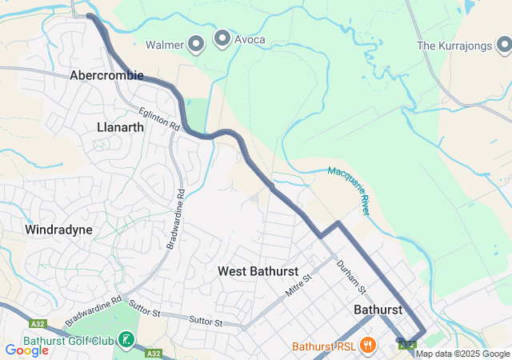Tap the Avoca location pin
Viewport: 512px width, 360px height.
222,38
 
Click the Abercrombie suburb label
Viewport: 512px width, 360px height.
106,75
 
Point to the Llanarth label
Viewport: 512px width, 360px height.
120,126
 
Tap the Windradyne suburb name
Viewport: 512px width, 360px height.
58,230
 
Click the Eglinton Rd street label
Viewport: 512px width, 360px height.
157,120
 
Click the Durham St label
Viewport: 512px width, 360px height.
350,277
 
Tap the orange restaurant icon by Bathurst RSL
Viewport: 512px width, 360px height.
367,346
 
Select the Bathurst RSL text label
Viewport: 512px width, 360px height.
323,346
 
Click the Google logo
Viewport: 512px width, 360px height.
26,350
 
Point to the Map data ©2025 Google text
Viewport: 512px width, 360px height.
462,354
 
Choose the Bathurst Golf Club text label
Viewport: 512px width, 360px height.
67,340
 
